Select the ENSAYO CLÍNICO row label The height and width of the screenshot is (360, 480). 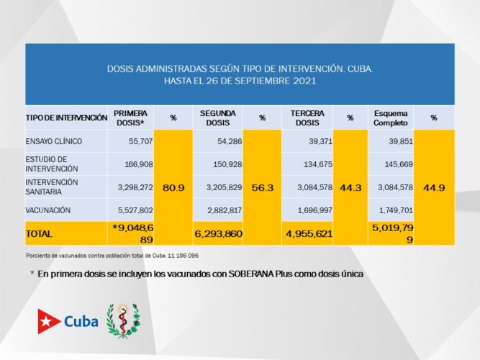coord(53,141)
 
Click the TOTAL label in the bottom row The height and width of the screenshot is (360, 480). coord(40,234)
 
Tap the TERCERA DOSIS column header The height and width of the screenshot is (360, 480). coord(307,118)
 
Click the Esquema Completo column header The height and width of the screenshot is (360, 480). coord(391,118)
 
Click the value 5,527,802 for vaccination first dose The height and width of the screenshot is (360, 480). coord(132,210)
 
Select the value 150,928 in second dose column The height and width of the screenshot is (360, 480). coord(222,163)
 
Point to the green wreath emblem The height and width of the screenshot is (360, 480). coord(123,320)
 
